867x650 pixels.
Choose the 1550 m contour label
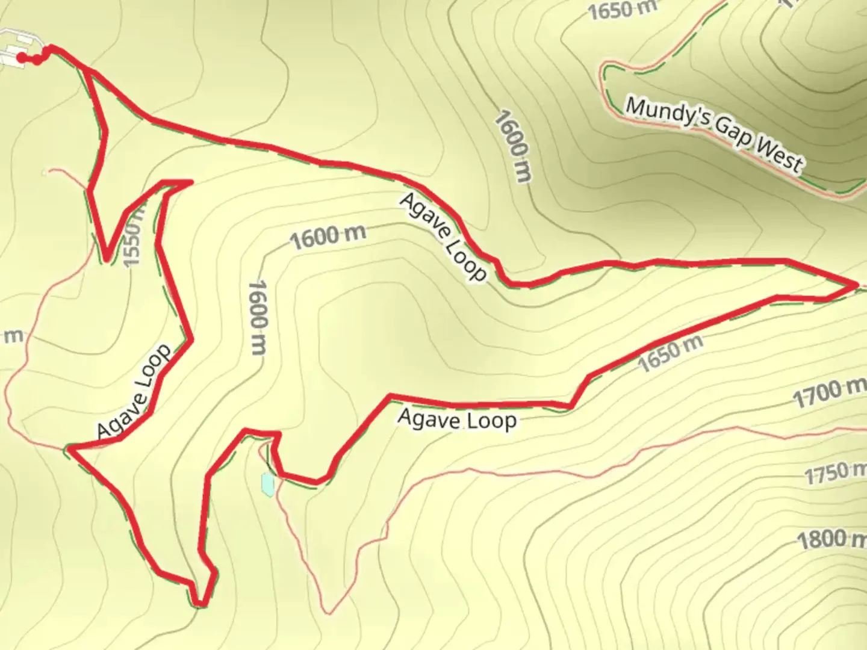(x=132, y=236)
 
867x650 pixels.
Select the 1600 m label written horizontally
(x=328, y=237)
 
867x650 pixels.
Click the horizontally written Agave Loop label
(x=457, y=419)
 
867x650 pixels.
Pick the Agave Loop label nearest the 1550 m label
(x=134, y=392)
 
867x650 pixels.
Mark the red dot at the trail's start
(x=22, y=58)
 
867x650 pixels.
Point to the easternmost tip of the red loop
(x=855, y=284)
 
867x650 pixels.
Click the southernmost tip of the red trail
(x=200, y=604)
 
